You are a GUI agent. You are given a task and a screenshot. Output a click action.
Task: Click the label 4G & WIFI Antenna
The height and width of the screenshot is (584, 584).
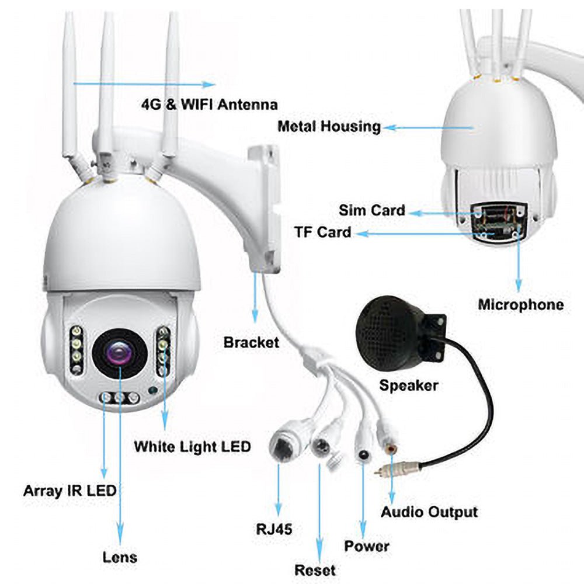(209, 105)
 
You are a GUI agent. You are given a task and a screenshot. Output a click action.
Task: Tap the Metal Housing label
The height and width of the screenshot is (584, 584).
(329, 126)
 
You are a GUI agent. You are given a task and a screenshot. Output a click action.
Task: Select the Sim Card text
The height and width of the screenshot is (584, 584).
(371, 210)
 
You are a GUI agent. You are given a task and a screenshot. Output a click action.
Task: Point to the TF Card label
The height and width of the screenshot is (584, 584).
(322, 232)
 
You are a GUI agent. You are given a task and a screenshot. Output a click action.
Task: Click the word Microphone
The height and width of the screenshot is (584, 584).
(520, 304)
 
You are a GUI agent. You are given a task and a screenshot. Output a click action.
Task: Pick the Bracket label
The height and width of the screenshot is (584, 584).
(251, 342)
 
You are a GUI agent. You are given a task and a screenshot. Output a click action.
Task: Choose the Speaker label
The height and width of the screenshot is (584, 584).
(408, 385)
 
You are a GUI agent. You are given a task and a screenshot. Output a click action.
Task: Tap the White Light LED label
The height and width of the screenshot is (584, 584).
(192, 447)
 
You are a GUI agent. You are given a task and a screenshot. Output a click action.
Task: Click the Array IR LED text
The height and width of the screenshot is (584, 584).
(69, 491)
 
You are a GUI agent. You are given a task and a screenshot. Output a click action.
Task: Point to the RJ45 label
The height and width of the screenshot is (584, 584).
(274, 530)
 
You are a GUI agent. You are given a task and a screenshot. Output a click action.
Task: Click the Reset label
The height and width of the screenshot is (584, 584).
(315, 569)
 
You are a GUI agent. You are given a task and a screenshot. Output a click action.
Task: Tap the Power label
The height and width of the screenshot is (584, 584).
(366, 546)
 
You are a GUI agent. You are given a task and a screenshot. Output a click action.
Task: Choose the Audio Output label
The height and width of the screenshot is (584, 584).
(429, 512)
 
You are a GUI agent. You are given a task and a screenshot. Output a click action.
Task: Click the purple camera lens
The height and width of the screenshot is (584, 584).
(119, 354)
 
